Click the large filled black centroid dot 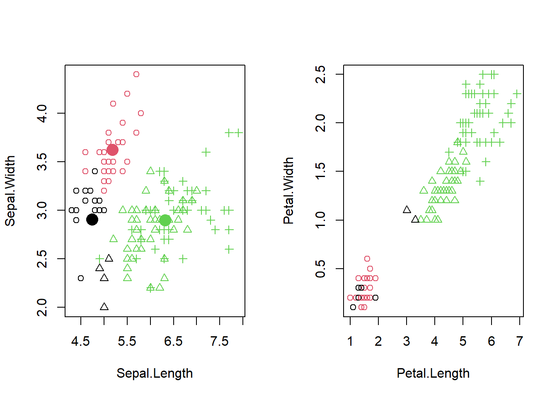pos(92,220)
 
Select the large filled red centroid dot pos(112,150)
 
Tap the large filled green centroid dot pos(165,220)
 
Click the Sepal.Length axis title pos(155,373)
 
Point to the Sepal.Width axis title pos(10,191)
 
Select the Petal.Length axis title pos(433,373)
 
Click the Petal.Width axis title pos(288,191)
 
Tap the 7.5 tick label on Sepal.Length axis pos(219,341)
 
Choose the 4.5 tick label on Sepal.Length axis pos(80,341)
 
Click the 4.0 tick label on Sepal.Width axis pos(42,113)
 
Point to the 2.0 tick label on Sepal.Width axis pos(42,307)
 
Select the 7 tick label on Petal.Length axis pos(519,341)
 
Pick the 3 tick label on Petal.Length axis pos(407,341)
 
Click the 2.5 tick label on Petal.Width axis pos(320,75)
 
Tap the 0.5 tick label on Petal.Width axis pos(320,269)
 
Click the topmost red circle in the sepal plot pos(136,74)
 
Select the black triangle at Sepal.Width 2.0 pos(104,307)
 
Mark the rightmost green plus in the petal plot pos(517,94)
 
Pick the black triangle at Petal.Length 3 pos(407,210)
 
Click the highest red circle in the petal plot pos(367,259)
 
